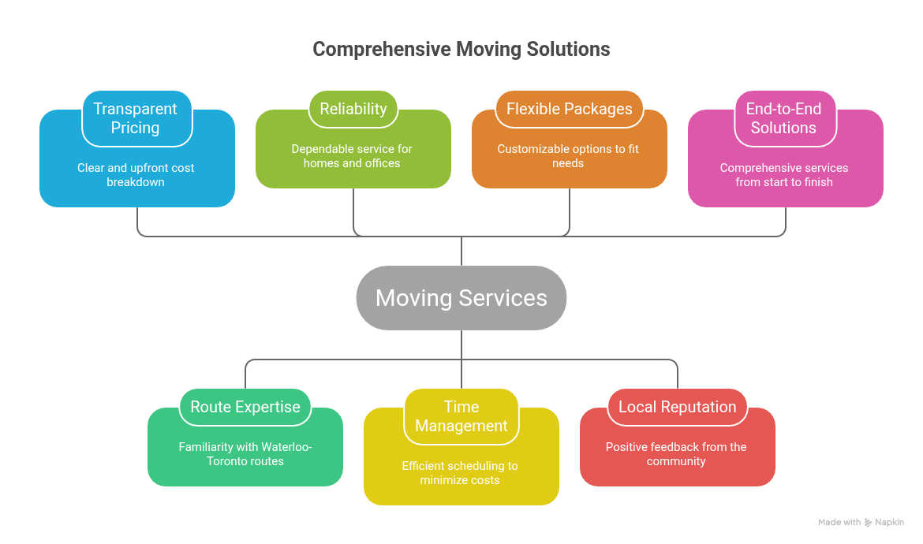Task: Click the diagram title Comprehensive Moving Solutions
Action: [461, 49]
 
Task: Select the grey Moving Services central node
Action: [461, 298]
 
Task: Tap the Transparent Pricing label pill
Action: [136, 118]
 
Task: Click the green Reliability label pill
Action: [353, 109]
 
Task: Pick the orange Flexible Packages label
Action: [569, 109]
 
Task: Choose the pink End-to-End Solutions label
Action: [783, 118]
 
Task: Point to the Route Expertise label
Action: [245, 407]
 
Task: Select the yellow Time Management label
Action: [461, 416]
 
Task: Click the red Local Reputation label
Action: [677, 407]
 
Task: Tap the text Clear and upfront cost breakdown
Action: [136, 175]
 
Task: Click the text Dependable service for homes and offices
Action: [352, 156]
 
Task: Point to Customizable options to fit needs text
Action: [568, 156]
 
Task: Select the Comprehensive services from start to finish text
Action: [783, 175]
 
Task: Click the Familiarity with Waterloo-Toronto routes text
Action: [245, 454]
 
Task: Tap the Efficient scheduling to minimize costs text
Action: [461, 473]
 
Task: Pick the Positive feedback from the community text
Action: [676, 454]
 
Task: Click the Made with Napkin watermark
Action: [861, 522]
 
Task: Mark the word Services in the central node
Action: [503, 298]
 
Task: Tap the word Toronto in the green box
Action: [229, 461]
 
